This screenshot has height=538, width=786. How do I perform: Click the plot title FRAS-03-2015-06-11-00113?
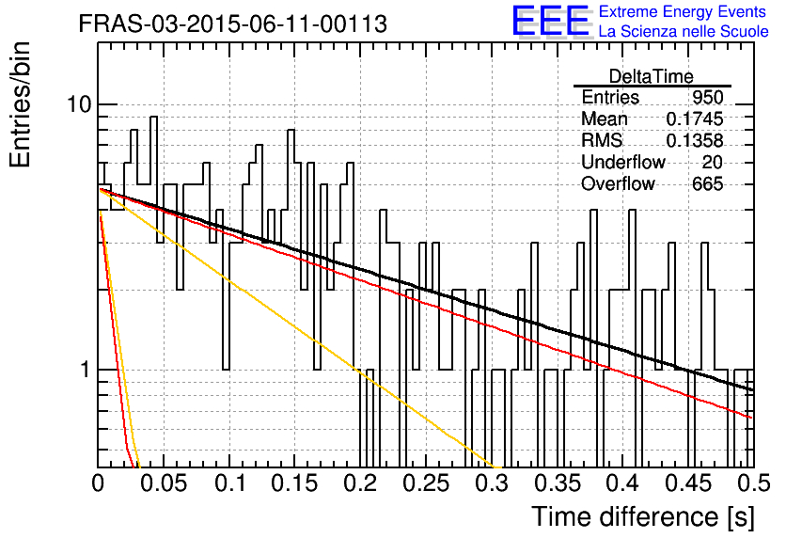click(232, 24)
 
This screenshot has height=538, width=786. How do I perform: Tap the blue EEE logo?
click(551, 21)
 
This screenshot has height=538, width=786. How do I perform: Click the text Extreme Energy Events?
click(683, 11)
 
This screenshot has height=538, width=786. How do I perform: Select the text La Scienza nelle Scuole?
click(684, 32)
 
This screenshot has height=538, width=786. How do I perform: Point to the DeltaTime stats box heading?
click(652, 76)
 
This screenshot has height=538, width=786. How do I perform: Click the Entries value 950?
click(707, 97)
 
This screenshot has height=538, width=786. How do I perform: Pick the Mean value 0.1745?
click(694, 119)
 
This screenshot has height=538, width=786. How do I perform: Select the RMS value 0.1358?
click(694, 141)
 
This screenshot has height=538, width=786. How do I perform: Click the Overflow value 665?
click(707, 184)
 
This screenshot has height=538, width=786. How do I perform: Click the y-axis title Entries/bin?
click(21, 105)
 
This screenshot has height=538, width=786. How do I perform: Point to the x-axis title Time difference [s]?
click(643, 516)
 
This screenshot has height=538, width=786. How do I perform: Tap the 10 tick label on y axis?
click(79, 104)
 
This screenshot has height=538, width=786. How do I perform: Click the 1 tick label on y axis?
click(86, 370)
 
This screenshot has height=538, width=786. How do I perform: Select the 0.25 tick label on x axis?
click(426, 483)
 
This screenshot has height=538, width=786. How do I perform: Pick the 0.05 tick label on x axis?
click(163, 483)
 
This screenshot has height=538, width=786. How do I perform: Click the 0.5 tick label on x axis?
click(754, 483)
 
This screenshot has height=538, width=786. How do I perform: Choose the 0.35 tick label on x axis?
click(558, 483)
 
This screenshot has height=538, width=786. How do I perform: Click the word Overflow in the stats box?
click(618, 184)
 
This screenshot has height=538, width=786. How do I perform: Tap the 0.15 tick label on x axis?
click(295, 483)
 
